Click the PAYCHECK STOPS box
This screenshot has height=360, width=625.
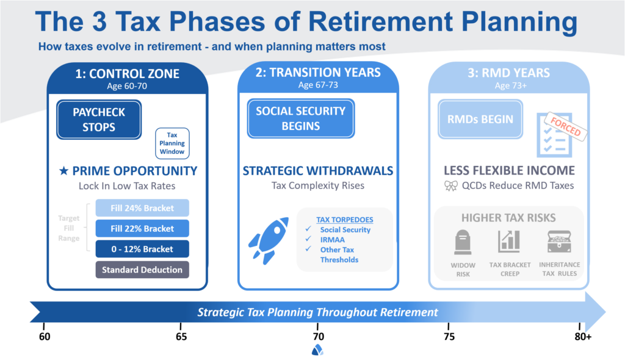coord(99,120)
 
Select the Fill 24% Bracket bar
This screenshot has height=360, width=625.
coord(142,208)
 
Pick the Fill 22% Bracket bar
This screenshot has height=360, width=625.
coord(142,228)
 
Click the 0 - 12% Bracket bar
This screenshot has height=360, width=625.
coord(142,249)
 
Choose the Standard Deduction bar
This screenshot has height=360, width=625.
coord(142,269)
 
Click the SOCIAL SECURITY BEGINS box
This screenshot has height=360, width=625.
coord(300,118)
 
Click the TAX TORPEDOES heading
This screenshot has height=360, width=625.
coord(344,219)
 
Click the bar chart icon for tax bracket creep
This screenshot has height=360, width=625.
coord(508,242)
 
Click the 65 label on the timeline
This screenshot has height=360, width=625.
coord(181,336)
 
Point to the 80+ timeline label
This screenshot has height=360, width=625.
coord(582,336)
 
